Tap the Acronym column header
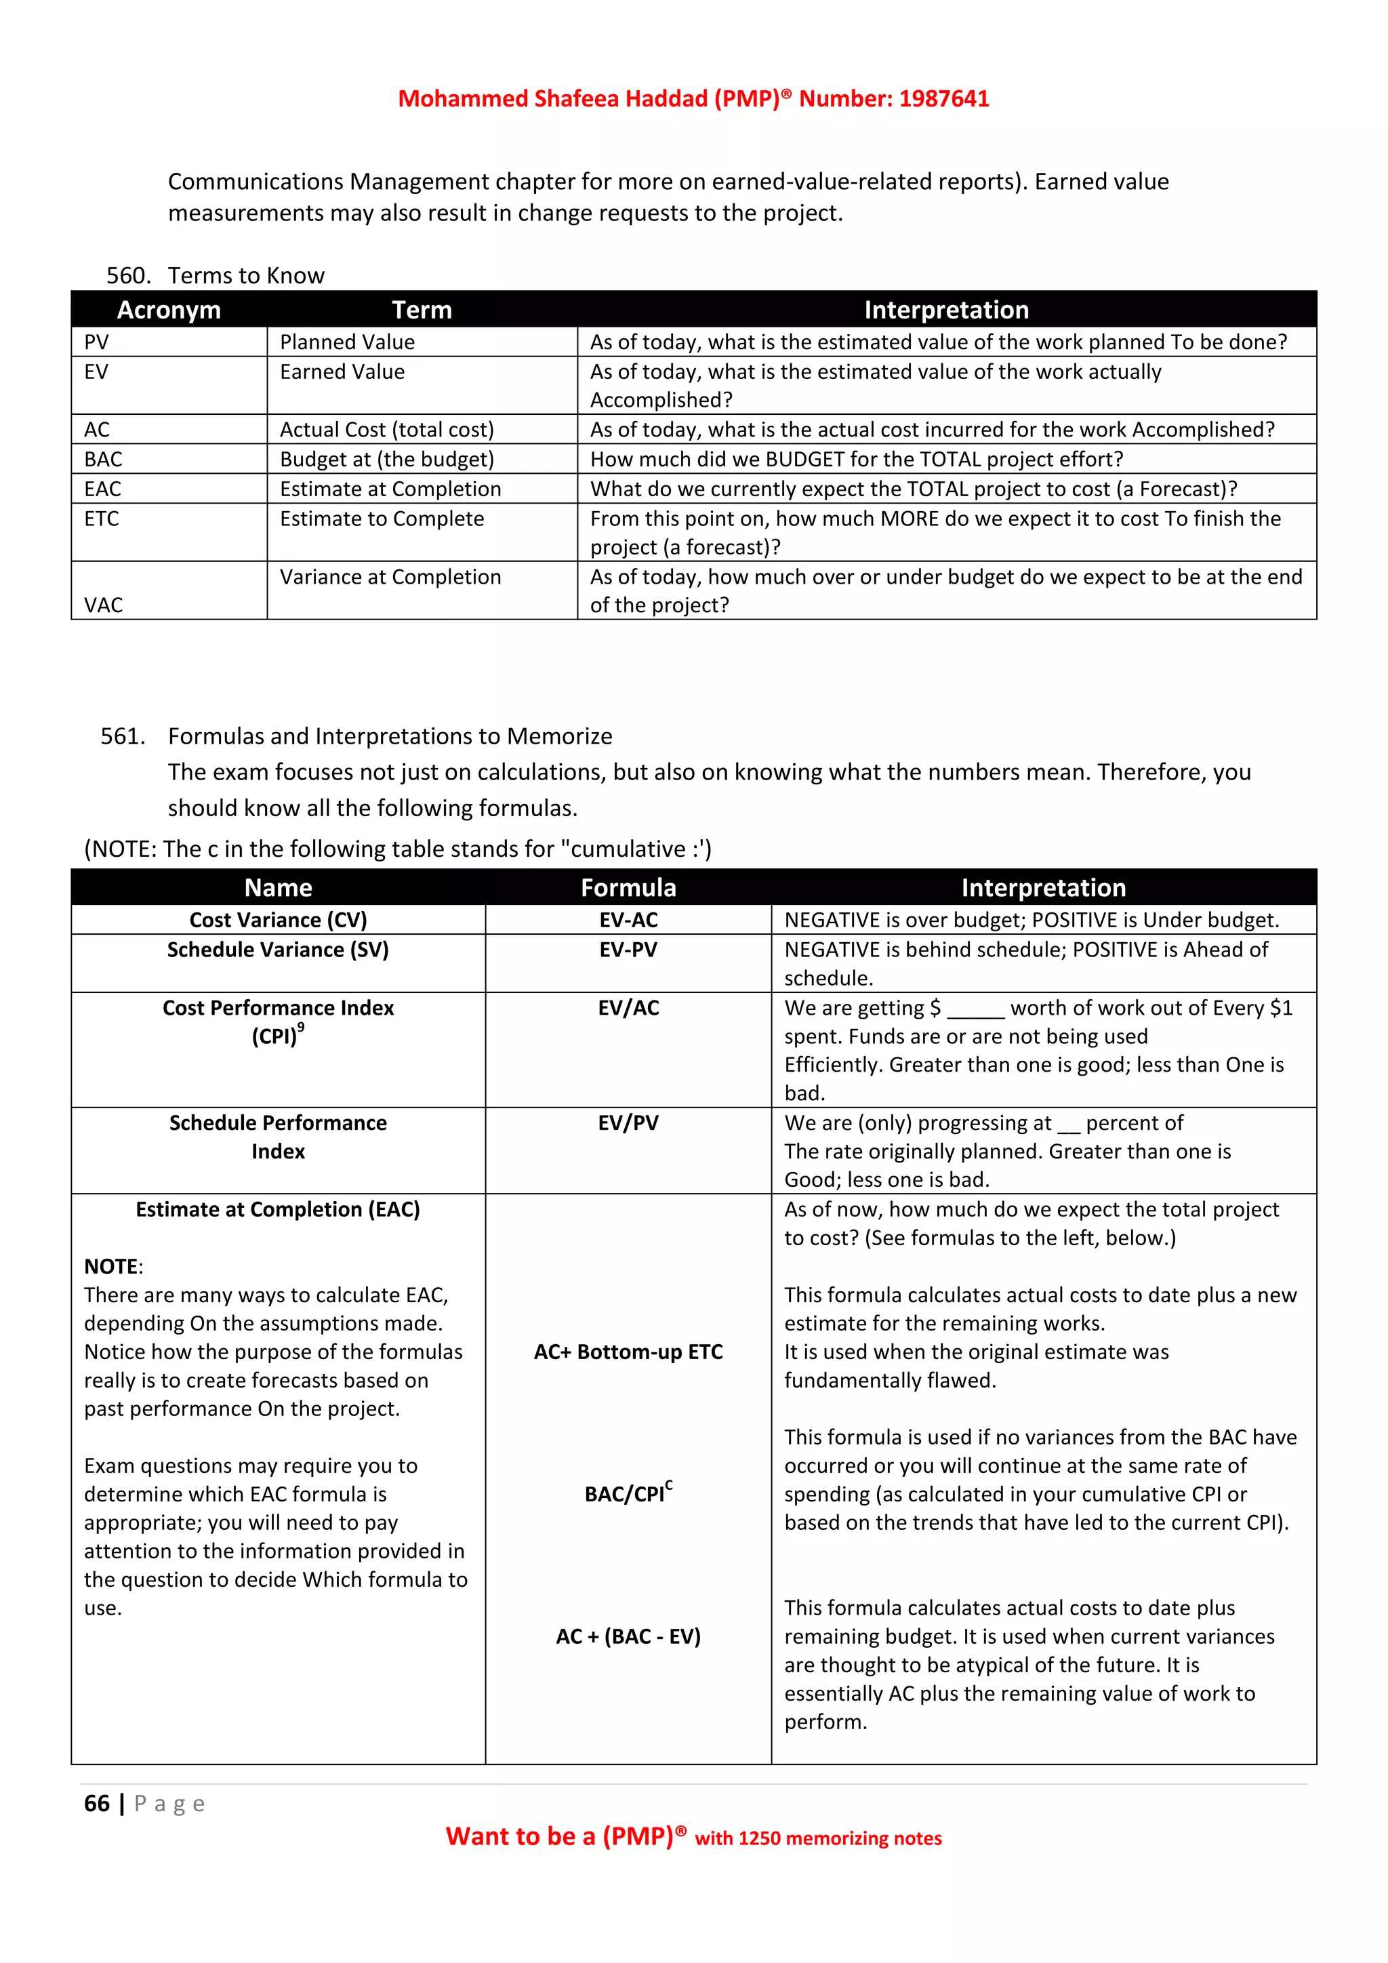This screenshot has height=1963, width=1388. [x=168, y=310]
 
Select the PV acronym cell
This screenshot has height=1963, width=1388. [x=97, y=342]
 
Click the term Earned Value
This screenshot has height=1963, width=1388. [x=342, y=372]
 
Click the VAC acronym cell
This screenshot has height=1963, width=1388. [x=104, y=605]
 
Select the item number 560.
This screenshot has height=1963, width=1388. [x=128, y=275]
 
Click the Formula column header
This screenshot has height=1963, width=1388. [x=628, y=887]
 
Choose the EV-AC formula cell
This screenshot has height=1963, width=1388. [x=628, y=920]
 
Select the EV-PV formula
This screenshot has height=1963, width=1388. [x=628, y=950]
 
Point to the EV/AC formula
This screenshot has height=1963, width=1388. [x=628, y=1008]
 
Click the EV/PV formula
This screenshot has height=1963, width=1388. [x=628, y=1122]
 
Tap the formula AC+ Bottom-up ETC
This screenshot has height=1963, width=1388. [x=628, y=1352]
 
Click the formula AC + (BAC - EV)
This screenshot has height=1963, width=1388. [x=628, y=1636]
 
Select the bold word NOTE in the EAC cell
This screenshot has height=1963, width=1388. [x=111, y=1266]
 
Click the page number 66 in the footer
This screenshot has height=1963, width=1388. [x=97, y=1803]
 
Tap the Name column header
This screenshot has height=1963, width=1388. [x=278, y=887]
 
